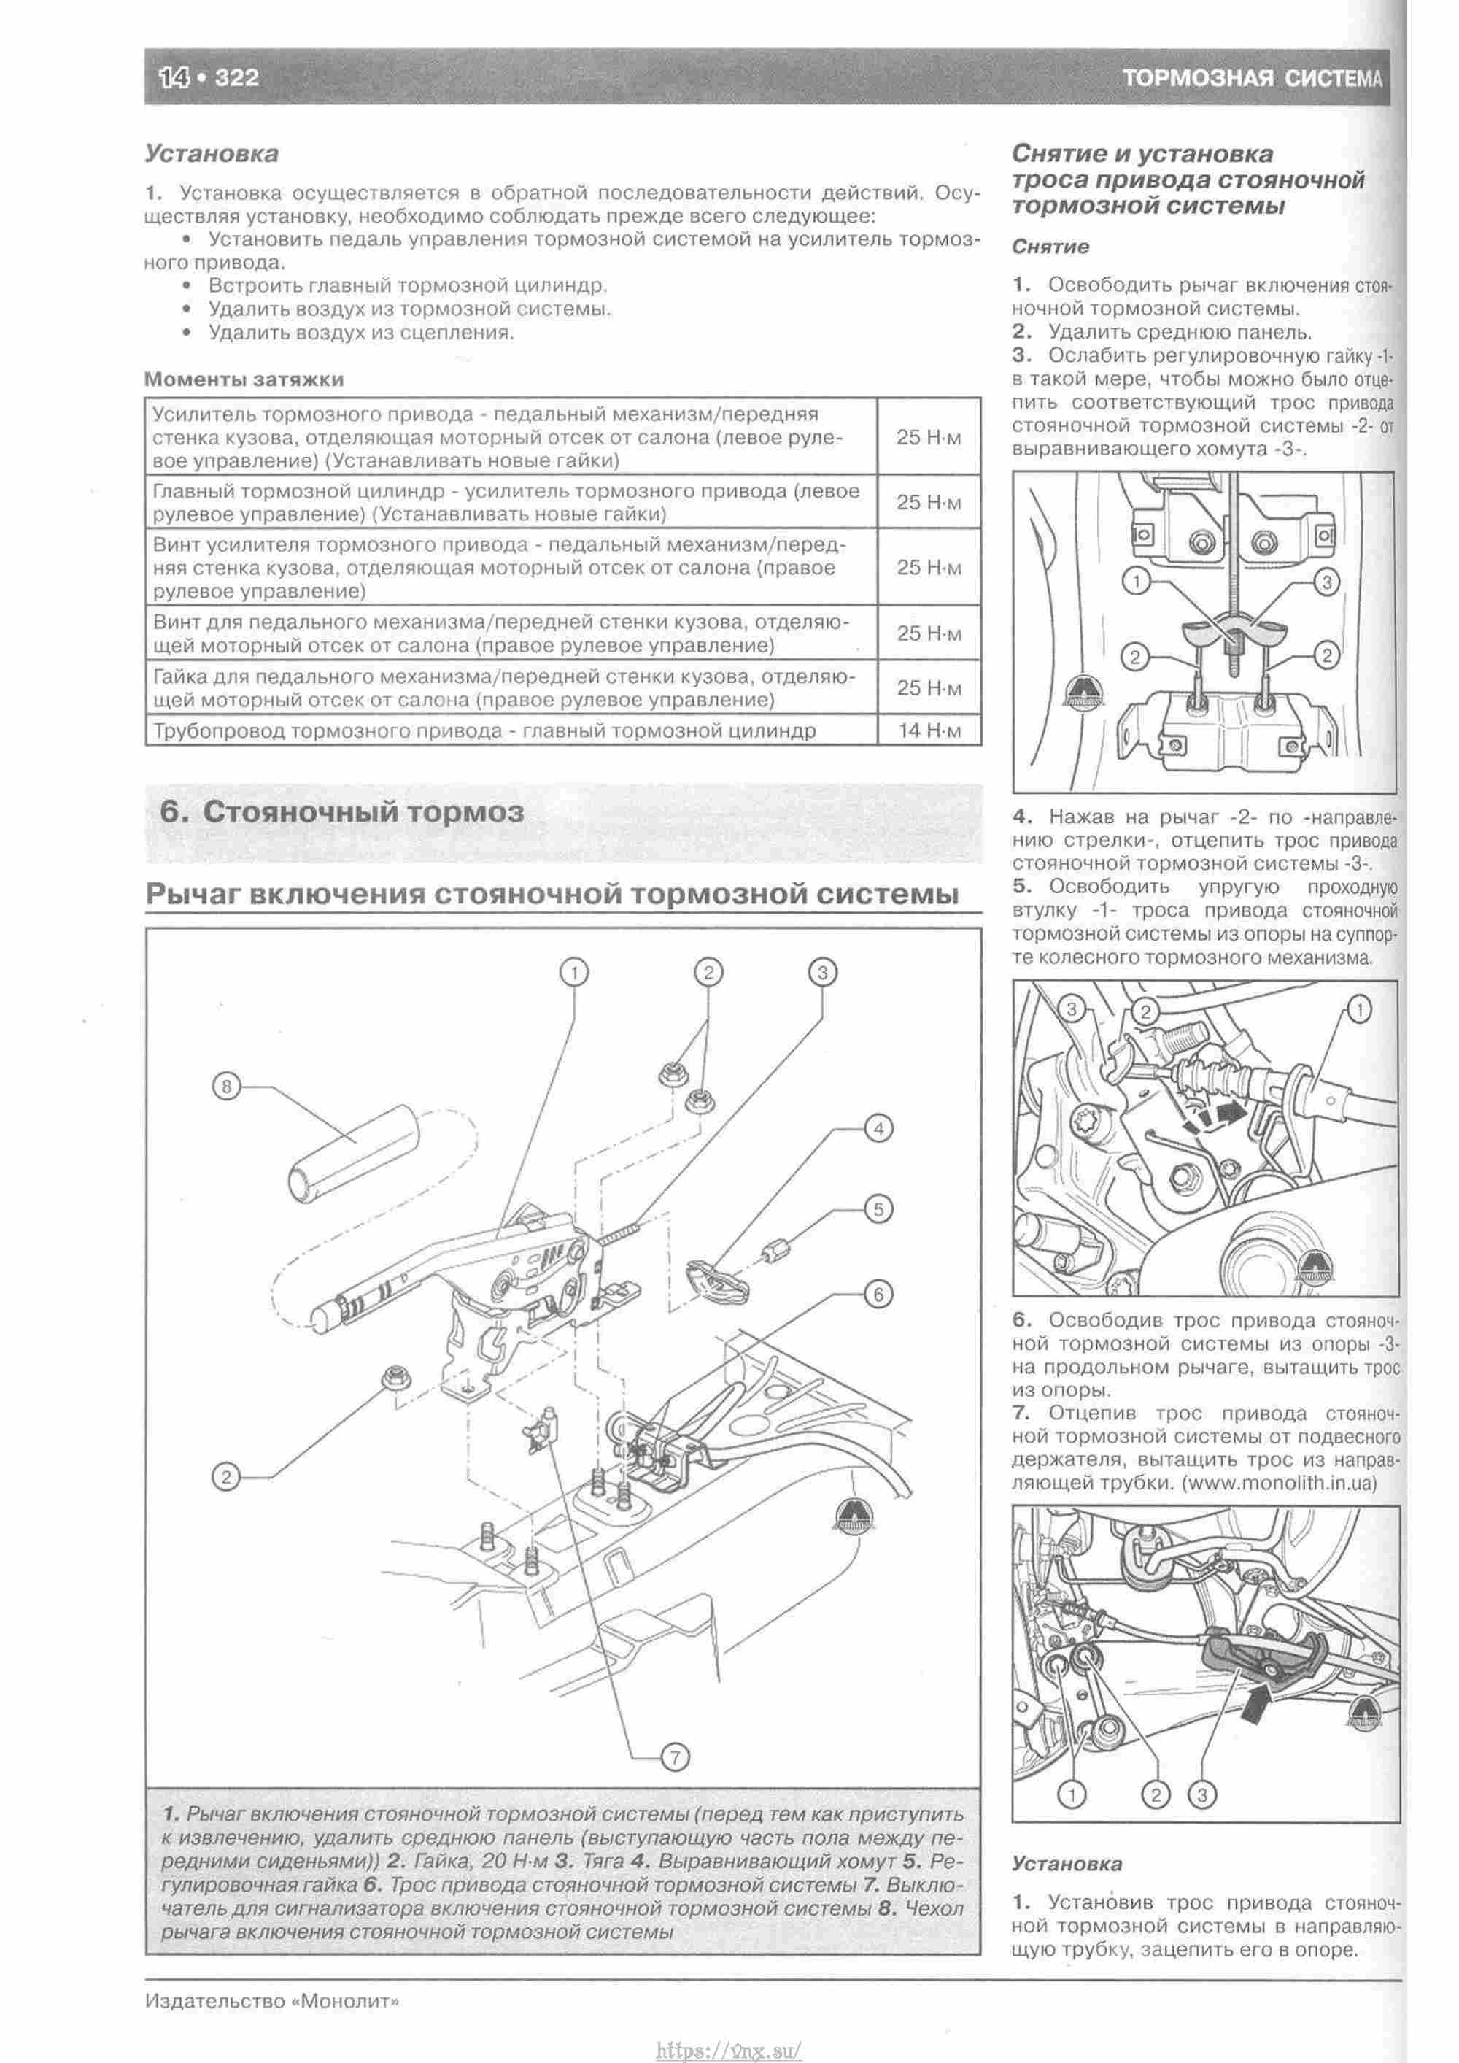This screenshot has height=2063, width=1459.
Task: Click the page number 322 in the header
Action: [x=236, y=78]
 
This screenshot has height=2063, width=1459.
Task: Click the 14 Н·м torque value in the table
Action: [x=929, y=730]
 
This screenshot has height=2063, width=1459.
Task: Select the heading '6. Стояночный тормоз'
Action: [x=342, y=812]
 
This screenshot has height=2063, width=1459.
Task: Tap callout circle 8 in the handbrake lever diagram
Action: [x=226, y=1087]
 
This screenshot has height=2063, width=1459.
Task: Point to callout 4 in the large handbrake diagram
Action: [x=878, y=1128]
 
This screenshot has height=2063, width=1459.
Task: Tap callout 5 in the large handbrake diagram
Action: [x=878, y=1209]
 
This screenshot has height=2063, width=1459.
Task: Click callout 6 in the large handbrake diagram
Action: [x=878, y=1294]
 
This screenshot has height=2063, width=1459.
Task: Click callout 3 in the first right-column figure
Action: [x=1326, y=582]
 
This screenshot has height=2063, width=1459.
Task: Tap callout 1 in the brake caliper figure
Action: [x=1359, y=1011]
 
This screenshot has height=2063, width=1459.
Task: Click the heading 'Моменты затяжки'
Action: [x=244, y=379]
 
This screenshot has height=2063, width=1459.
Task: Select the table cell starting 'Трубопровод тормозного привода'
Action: [x=484, y=730]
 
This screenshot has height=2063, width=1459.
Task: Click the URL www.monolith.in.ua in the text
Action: [x=1280, y=1485]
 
